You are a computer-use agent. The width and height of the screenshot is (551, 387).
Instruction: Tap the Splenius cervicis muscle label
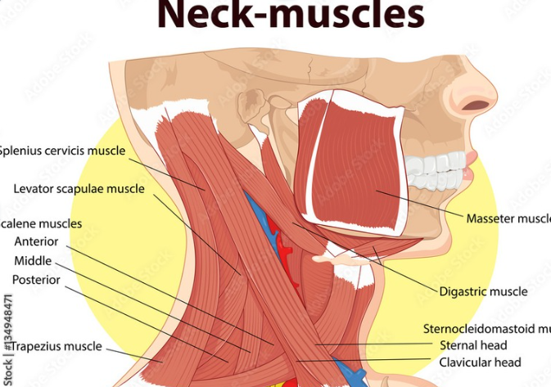coord(62,151)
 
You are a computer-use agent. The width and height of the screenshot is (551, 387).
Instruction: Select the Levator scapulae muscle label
coord(79,189)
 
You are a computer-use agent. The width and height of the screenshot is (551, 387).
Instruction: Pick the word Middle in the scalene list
coord(33,261)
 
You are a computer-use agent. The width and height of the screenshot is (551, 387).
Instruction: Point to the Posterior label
coord(36,280)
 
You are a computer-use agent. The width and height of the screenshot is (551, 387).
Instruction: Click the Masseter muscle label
coord(508,218)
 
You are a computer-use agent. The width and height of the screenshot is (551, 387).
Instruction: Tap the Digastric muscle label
coord(483,291)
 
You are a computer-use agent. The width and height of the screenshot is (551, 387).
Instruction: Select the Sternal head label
coord(473,345)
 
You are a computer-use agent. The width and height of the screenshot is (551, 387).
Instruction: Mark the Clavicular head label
coord(480,362)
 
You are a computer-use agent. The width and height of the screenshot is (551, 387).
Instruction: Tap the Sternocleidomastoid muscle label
coord(486,329)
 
